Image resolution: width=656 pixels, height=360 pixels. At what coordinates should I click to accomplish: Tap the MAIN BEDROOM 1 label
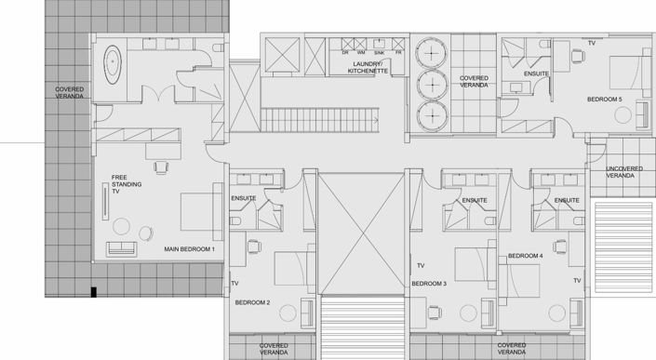point(190,249)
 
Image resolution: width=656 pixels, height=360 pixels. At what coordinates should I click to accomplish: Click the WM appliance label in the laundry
point(362,52)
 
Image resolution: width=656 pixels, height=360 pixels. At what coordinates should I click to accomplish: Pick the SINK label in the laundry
point(380,52)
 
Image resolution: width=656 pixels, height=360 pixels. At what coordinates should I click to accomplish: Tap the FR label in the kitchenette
point(397,52)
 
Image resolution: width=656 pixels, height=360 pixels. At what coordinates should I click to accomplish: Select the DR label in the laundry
point(345,52)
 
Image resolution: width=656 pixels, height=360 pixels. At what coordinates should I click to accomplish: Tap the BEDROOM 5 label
point(604,99)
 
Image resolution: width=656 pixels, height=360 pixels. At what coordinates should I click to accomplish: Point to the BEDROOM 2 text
point(252,302)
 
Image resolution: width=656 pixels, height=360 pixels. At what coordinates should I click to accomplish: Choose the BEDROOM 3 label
point(430,283)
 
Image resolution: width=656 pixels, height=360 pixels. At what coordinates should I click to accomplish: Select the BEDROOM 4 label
point(525,255)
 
